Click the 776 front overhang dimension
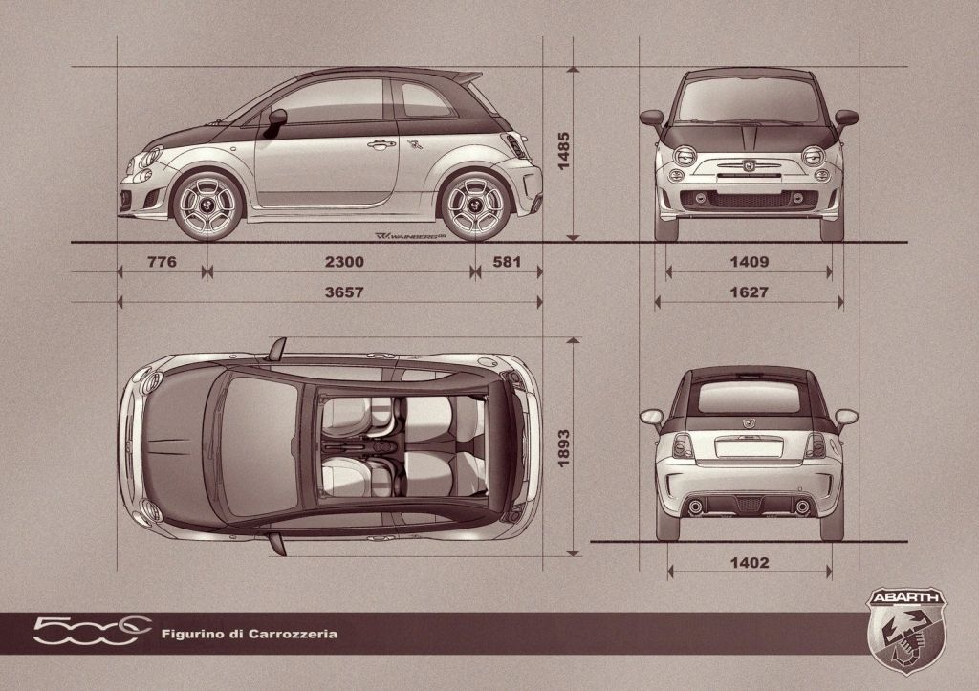pyautogui.click(x=162, y=262)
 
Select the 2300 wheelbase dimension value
pyautogui.click(x=344, y=262)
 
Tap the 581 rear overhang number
pyautogui.click(x=507, y=262)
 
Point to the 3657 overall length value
pyautogui.click(x=344, y=292)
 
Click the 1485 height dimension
pyautogui.click(x=563, y=151)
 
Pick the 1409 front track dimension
pyautogui.click(x=750, y=262)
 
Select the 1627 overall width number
pyautogui.click(x=750, y=292)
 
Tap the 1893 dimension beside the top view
pyautogui.click(x=563, y=448)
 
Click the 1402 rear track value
pyautogui.click(x=750, y=563)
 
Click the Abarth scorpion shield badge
pyautogui.click(x=906, y=631)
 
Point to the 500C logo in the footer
pyautogui.click(x=93, y=631)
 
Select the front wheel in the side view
pyautogui.click(x=207, y=205)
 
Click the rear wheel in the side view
pyautogui.click(x=475, y=205)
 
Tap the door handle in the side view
pyautogui.click(x=381, y=145)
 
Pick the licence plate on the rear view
pyautogui.click(x=749, y=447)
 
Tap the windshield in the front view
pyautogui.click(x=749, y=99)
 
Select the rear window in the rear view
pyautogui.click(x=749, y=397)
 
